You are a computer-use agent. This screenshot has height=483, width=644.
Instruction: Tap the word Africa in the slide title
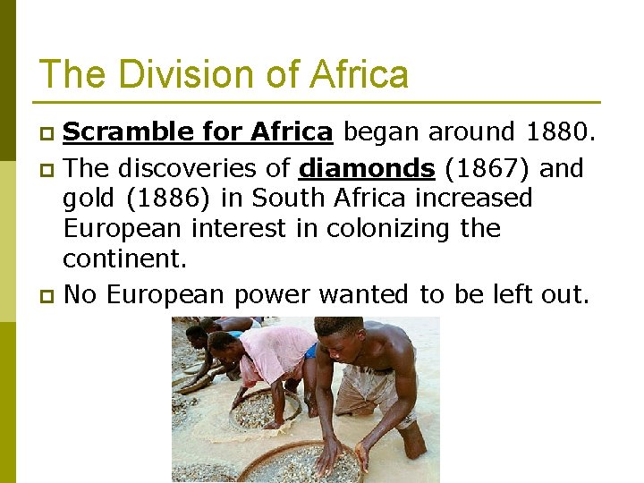click(359, 74)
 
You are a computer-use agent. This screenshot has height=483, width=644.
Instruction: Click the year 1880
click(557, 132)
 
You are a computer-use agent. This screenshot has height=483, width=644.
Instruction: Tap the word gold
click(85, 199)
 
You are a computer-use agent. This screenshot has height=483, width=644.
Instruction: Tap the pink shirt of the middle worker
click(272, 353)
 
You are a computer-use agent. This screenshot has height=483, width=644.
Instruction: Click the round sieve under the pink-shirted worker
click(265, 411)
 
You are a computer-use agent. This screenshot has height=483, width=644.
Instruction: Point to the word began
click(383, 132)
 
